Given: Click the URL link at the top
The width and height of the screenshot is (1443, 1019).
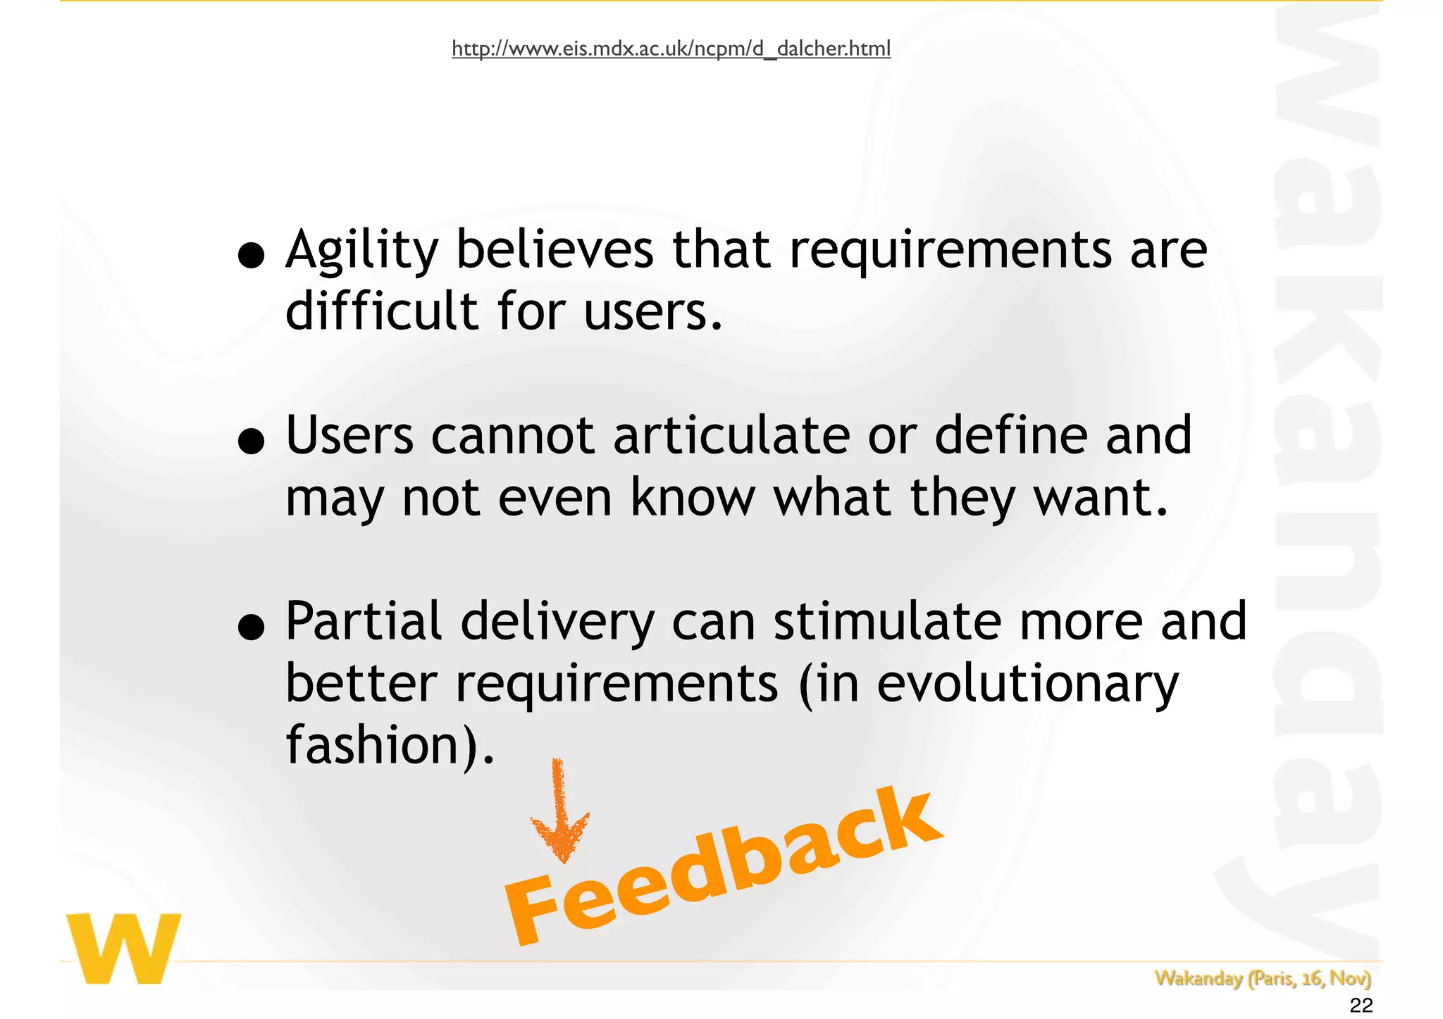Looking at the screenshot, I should point(671,49).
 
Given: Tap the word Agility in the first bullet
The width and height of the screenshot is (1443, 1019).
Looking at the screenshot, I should point(361,251).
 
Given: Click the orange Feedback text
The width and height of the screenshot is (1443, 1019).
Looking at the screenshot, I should point(722,866).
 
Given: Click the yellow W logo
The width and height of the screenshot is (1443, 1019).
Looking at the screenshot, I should point(124,948).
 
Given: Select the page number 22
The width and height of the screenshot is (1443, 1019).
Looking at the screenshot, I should point(1361,1006).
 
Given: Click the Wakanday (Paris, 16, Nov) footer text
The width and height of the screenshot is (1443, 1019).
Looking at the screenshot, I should point(1262,978).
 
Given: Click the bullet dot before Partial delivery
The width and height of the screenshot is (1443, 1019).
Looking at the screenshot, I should point(251,628).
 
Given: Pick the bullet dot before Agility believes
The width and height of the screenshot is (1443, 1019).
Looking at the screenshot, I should point(251,257).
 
